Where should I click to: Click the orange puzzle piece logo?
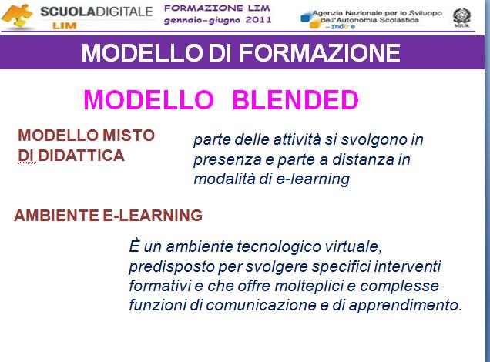click(18, 16)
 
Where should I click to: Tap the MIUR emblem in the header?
click(461, 18)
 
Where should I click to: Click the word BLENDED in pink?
click(295, 99)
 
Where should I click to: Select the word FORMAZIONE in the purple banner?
click(320, 52)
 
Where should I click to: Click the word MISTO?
click(129, 136)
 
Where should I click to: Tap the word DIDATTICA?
click(81, 156)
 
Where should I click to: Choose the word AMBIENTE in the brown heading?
click(56, 215)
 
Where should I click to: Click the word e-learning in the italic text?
click(313, 179)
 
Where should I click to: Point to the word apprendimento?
click(405, 305)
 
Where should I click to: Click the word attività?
click(297, 139)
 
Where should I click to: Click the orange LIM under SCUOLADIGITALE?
click(65, 25)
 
